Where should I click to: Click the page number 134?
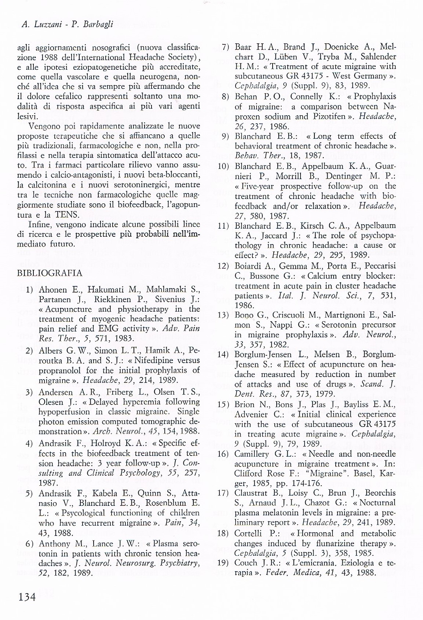point(25,597)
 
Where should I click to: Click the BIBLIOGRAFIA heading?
point(50,273)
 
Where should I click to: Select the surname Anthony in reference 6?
point(54,543)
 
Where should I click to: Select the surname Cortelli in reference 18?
point(248,533)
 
